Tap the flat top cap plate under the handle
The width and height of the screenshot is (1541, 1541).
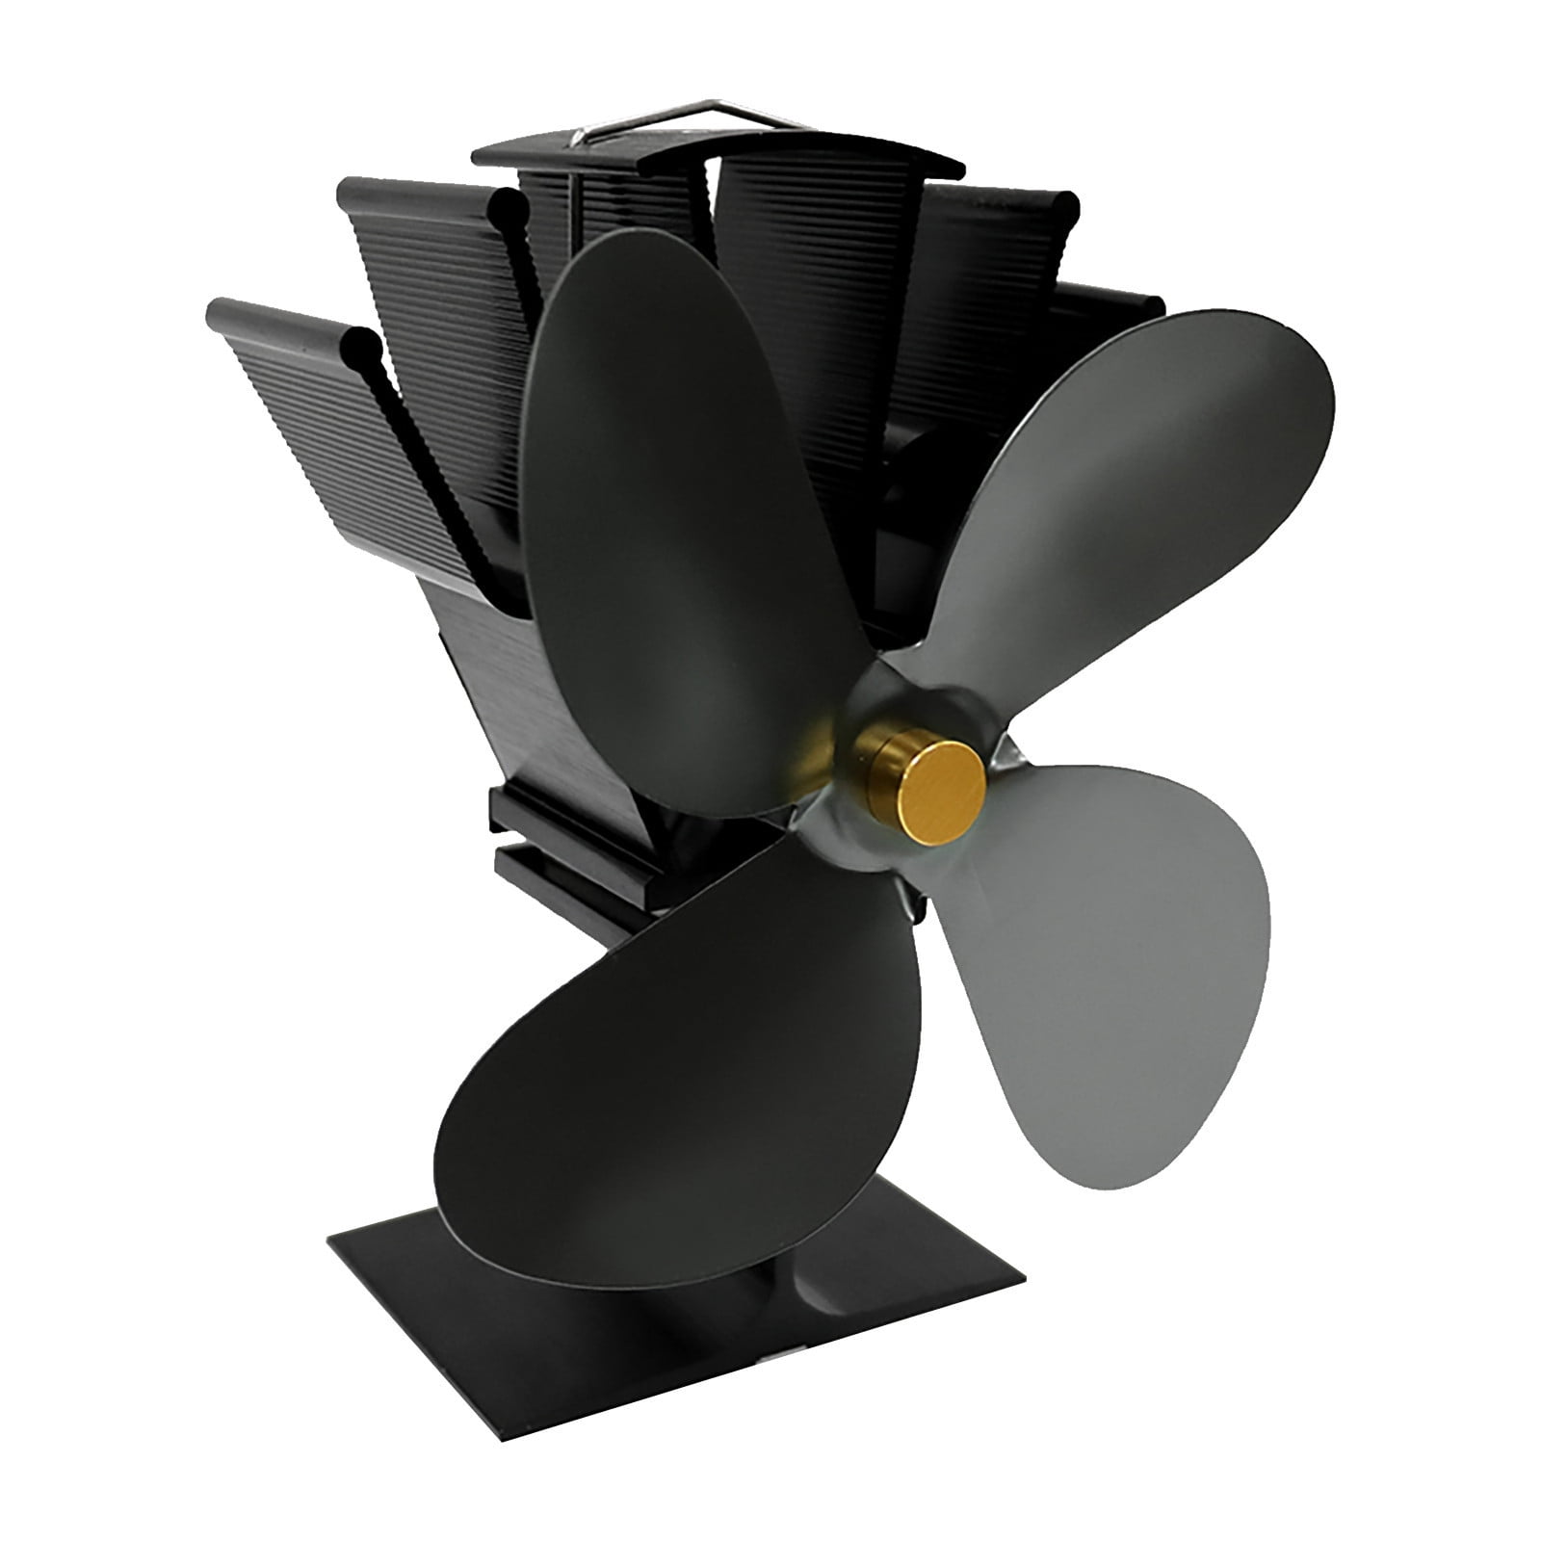[713, 154]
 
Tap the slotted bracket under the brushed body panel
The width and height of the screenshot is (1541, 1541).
[559, 848]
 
